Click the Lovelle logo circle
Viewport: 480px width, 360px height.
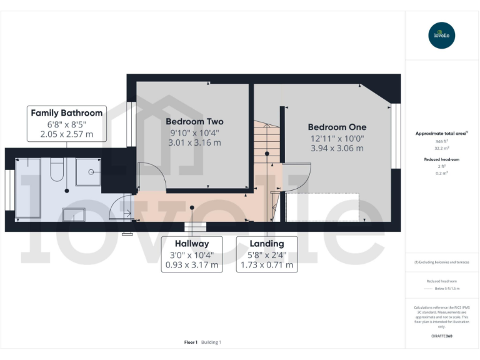click(x=442, y=36)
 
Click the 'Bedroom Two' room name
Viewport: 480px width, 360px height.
click(x=194, y=121)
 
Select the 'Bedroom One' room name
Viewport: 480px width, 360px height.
click(x=337, y=127)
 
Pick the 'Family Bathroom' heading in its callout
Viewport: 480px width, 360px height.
click(x=67, y=113)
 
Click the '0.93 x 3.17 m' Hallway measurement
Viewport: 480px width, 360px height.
click(x=192, y=265)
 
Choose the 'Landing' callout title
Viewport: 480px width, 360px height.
click(x=267, y=243)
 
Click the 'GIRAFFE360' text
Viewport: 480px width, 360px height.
click(x=441, y=336)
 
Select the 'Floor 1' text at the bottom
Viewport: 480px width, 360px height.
click(x=191, y=342)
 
